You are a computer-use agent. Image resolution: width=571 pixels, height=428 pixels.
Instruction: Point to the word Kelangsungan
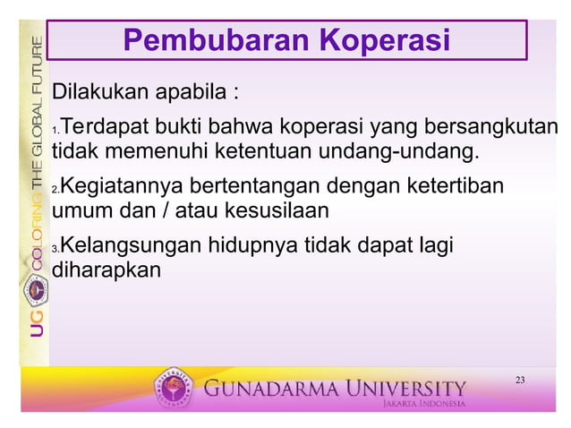[x=129, y=244]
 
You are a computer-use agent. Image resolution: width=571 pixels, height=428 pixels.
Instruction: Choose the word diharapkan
[x=107, y=269]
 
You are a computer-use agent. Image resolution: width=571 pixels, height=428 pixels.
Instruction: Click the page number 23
[x=520, y=381]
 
